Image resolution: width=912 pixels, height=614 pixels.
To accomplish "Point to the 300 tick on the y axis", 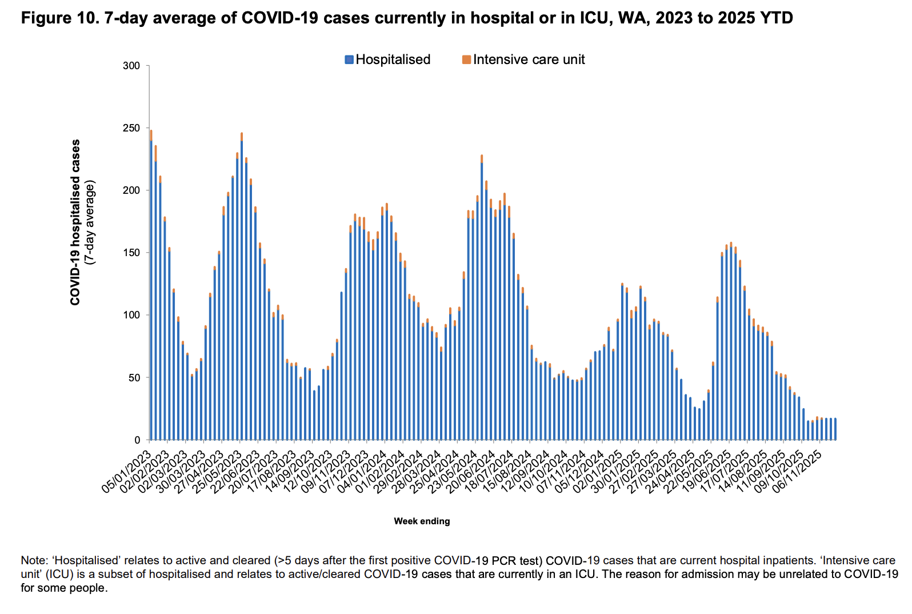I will (x=131, y=66).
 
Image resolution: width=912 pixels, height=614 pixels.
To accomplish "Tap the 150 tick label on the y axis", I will (x=131, y=253).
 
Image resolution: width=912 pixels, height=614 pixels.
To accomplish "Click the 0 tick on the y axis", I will (x=137, y=440).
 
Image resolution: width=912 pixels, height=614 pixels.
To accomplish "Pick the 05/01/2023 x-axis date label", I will (x=127, y=472).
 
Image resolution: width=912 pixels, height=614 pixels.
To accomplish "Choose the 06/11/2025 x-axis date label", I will (x=797, y=472).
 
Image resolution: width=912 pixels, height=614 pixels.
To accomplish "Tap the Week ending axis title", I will (x=422, y=521).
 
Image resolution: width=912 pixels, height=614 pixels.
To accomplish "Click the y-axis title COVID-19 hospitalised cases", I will (x=75, y=223).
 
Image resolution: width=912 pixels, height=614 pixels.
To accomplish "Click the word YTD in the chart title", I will (x=778, y=18).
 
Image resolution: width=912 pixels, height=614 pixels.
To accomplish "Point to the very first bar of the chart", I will (x=151, y=286).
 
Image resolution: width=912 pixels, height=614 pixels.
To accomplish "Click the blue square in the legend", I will (x=349, y=59).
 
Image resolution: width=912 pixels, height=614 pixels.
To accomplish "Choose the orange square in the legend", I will (x=467, y=59).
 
